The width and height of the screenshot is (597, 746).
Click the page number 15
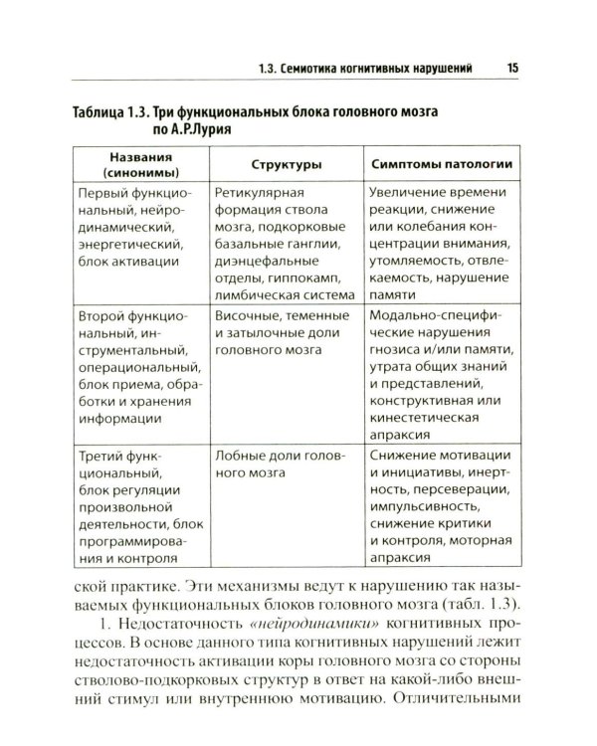coord(511,68)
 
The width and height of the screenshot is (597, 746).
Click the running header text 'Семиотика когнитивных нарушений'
coord(383,68)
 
